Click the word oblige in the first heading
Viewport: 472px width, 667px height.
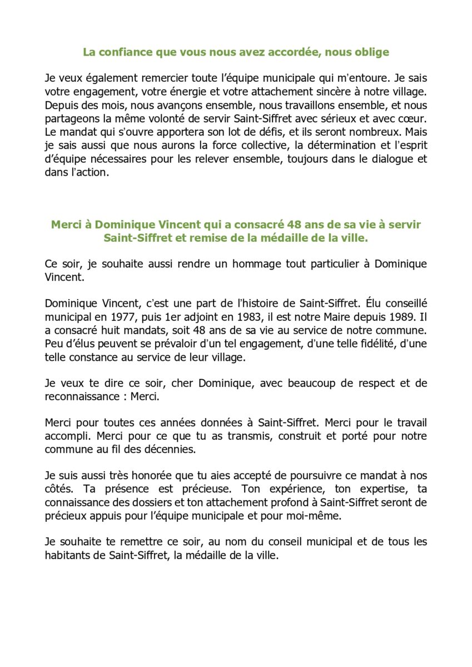pyautogui.click(x=371, y=52)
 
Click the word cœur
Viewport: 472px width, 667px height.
pyautogui.click(x=414, y=117)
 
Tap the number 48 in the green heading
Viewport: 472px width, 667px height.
pyautogui.click(x=299, y=225)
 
